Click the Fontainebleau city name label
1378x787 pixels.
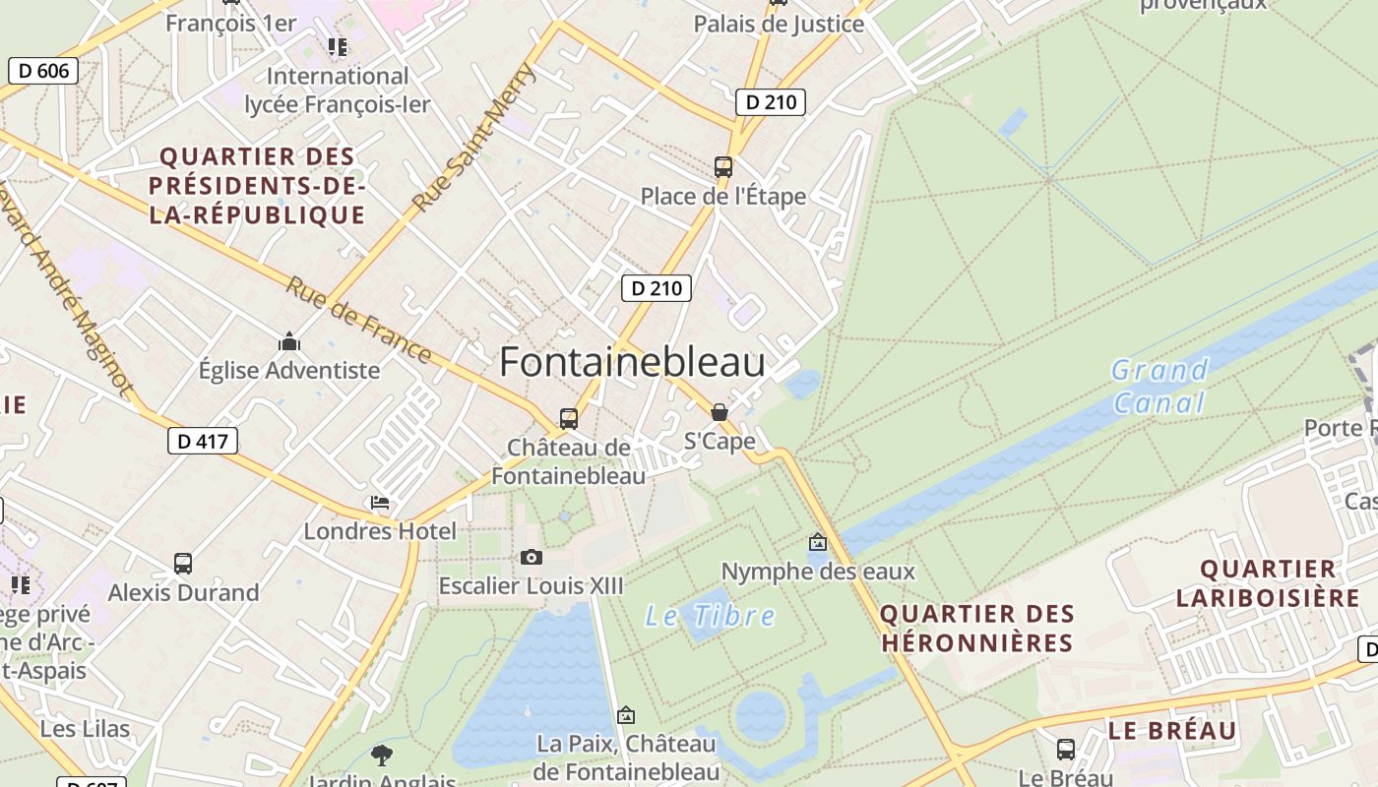pos(632,363)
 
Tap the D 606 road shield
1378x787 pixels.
pos(43,71)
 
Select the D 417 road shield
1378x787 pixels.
pos(203,442)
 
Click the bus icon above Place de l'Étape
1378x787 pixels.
pos(723,166)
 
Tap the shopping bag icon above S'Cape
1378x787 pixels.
pos(720,412)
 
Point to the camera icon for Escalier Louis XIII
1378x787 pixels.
pos(532,558)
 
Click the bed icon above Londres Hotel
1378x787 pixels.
pos(380,503)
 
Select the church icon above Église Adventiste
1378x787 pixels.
pos(289,341)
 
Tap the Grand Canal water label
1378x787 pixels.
pos(1159,386)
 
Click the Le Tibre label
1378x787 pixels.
pos(710,617)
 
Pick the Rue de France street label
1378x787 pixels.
pos(358,319)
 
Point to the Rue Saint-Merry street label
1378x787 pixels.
pos(474,138)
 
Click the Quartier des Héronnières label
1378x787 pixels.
pos(976,629)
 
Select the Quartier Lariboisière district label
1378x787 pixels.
pos(1268,582)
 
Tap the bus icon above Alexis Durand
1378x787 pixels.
pos(183,564)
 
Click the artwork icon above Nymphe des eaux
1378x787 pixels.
pos(817,542)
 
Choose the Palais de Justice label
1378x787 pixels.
pos(779,24)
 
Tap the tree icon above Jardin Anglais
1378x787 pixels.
pos(382,756)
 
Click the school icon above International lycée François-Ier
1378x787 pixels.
pos(338,47)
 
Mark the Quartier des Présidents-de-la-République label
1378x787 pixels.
pos(257,185)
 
